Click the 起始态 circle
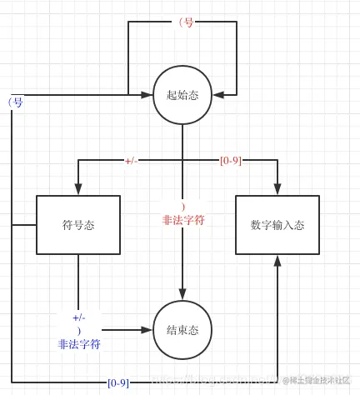click(182, 95)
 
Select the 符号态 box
click(78, 225)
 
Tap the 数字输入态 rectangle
click(277, 225)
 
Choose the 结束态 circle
click(182, 329)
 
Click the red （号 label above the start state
click(186, 22)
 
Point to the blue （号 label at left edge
click(15, 102)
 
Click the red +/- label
click(131, 161)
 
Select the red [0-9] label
click(231, 160)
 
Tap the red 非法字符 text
click(183, 221)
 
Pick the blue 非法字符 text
click(79, 343)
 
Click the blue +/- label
click(79, 317)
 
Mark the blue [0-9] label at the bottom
click(118, 383)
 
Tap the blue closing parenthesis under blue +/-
click(78, 330)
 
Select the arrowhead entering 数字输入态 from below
click(277, 261)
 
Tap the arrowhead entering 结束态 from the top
click(182, 295)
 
